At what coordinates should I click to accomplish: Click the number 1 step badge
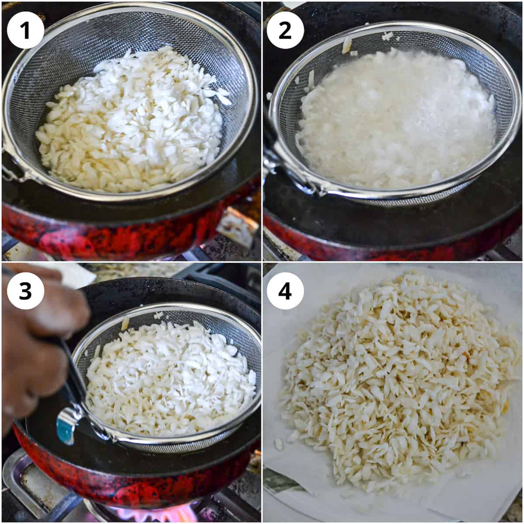coord(25,30)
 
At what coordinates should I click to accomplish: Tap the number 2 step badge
coord(285,30)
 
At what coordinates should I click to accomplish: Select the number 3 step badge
coord(25,291)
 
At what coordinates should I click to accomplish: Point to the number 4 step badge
coord(285,291)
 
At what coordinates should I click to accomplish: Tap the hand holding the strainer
coord(35,341)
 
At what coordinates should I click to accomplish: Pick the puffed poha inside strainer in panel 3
coord(170,380)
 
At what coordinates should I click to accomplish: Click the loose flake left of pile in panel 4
coord(278,444)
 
